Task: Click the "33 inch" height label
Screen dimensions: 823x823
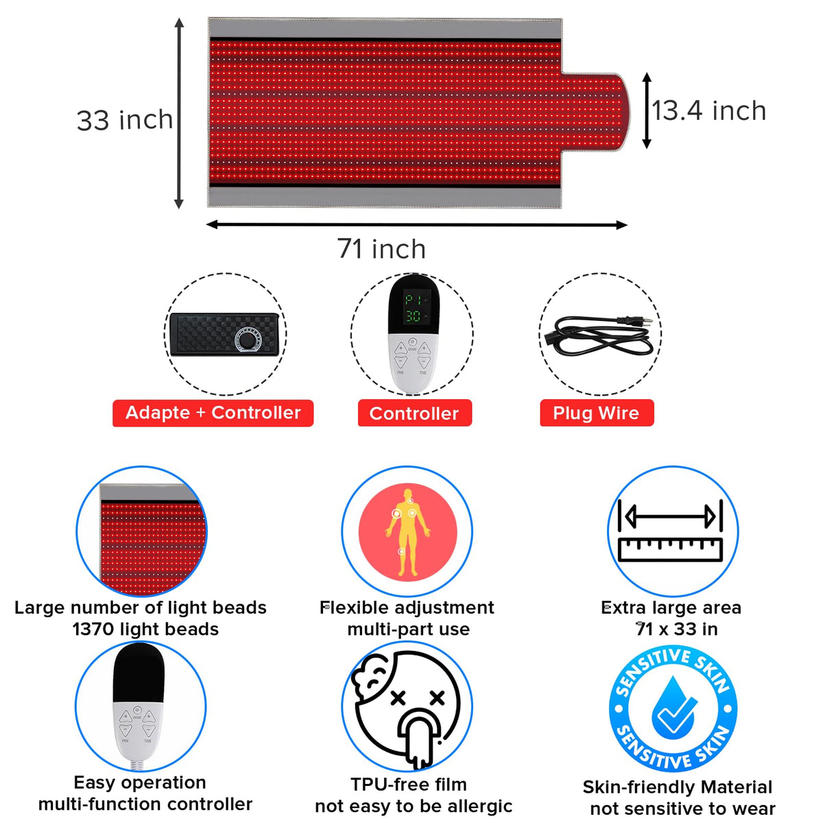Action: pos(124,120)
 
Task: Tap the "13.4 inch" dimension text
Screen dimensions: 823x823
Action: pos(709,111)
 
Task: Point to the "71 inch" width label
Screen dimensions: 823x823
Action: pos(381,249)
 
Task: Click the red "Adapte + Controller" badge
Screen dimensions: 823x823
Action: pos(213,413)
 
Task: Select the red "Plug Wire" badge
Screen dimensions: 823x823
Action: pos(597,413)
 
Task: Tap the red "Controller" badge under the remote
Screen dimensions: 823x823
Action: pos(415,413)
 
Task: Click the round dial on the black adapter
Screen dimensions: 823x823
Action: pos(246,340)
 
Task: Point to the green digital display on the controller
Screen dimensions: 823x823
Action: pos(413,307)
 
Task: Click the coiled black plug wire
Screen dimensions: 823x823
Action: pos(599,336)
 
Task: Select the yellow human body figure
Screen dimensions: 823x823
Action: pos(407,532)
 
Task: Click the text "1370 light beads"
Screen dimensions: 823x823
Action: pos(145,629)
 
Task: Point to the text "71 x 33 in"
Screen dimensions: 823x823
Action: pos(677,629)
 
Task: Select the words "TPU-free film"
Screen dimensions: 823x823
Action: pos(409,784)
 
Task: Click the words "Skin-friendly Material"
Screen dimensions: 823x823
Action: pos(678,787)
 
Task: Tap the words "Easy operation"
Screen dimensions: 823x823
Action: pos(140,783)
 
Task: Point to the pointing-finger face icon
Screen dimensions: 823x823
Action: pos(407,707)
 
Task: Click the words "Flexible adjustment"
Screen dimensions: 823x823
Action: pos(407,608)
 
